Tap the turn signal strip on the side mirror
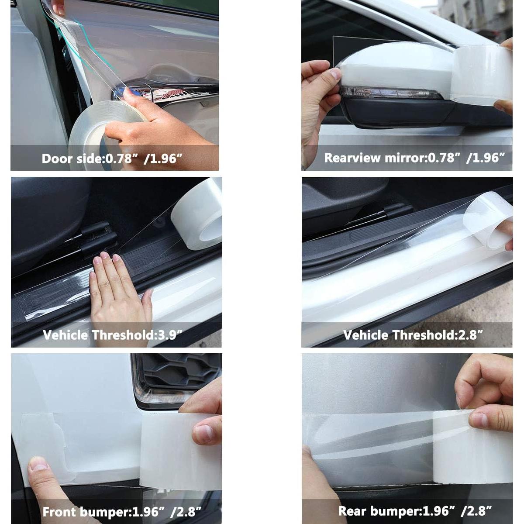[x=389, y=93]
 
